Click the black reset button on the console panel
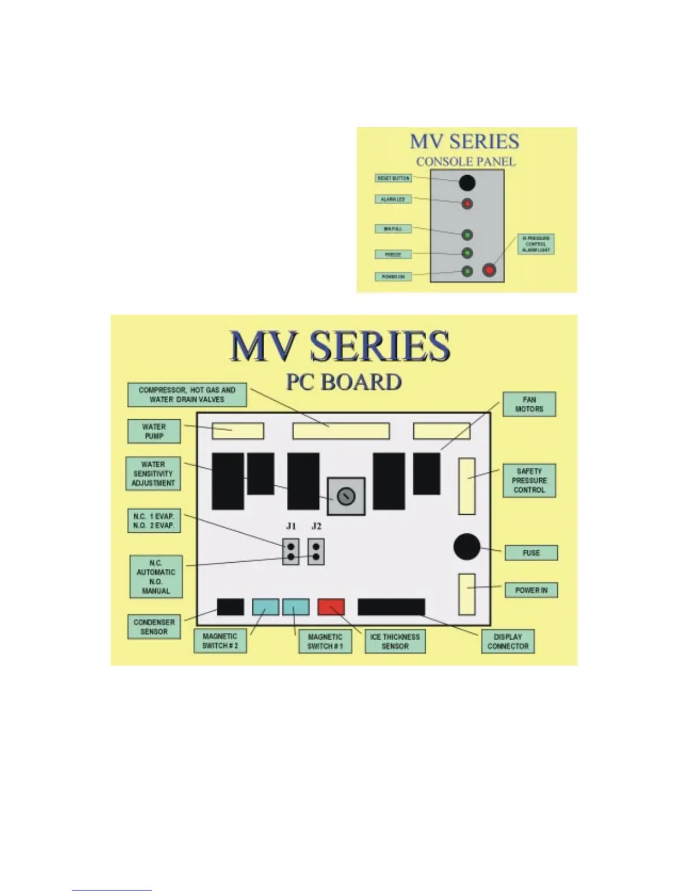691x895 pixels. [x=467, y=183]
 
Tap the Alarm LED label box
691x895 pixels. [x=392, y=199]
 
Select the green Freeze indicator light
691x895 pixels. [x=467, y=253]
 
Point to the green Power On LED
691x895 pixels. [x=467, y=272]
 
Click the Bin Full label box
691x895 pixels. [x=393, y=229]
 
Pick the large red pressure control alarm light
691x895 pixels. [x=489, y=270]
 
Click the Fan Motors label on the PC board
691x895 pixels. [x=529, y=404]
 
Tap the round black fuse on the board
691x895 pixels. [x=467, y=546]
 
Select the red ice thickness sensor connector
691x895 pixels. [x=331, y=607]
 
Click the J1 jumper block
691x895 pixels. [x=291, y=551]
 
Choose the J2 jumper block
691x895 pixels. [x=316, y=551]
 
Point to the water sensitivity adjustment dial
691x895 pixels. [x=346, y=497]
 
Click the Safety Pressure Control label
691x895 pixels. [x=529, y=480]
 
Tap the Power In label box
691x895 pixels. [x=531, y=590]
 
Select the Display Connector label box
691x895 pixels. [x=508, y=641]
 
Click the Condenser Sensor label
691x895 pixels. [x=154, y=627]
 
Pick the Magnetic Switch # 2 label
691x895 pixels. [x=220, y=641]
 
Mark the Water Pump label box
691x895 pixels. [x=154, y=431]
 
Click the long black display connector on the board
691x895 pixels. [x=391, y=607]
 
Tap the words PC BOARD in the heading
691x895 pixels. [x=344, y=383]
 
